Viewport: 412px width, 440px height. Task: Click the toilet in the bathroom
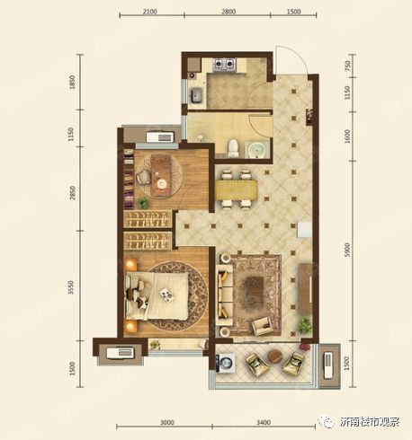tap(233, 148)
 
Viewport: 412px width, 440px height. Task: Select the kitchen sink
tap(195, 94)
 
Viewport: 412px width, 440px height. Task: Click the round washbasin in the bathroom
tap(257, 150)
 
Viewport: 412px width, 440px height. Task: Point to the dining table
tap(236, 189)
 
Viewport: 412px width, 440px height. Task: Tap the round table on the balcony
tap(276, 356)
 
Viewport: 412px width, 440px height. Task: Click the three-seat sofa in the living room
tap(225, 295)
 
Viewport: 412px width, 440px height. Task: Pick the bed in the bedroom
tap(157, 295)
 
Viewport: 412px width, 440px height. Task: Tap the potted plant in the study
tap(143, 204)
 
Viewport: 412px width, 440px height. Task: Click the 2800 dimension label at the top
tap(228, 12)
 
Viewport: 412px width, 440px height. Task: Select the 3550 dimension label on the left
tap(71, 287)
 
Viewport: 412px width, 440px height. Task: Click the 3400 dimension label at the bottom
tap(264, 423)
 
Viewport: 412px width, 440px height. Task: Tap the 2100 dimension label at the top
tap(150, 12)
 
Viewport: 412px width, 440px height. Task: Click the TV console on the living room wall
tap(305, 289)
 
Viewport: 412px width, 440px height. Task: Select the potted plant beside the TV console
tap(305, 325)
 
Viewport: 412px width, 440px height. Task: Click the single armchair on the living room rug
tap(263, 326)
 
